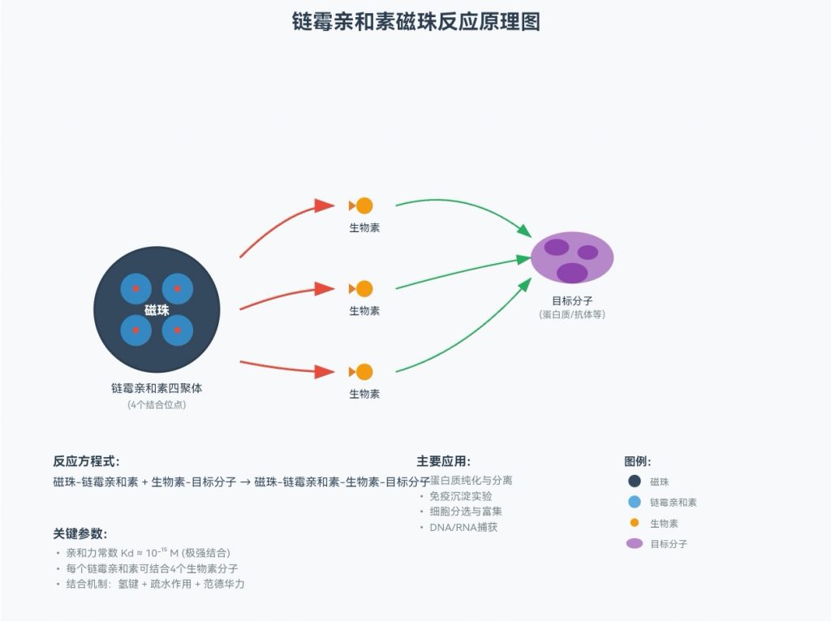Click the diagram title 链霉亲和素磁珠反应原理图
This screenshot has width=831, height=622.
click(415, 22)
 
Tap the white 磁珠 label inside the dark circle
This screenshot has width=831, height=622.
click(157, 309)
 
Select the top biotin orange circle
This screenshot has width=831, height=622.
click(364, 205)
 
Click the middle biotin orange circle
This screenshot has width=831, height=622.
click(364, 288)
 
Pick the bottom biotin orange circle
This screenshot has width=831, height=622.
click(364, 371)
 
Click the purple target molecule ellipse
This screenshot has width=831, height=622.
click(572, 257)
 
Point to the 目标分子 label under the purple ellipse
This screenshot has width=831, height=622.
click(572, 300)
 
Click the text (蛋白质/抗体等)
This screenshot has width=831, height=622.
click(572, 314)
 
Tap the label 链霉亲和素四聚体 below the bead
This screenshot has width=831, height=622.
click(157, 389)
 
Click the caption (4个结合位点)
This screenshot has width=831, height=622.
click(157, 404)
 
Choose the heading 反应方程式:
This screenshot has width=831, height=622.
click(86, 461)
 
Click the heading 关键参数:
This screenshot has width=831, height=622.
click(80, 533)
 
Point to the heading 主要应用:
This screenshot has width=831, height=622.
click(444, 461)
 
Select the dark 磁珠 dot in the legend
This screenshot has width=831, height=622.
click(635, 482)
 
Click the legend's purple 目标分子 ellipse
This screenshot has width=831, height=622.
click(635, 543)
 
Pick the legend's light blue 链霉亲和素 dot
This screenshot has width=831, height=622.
click(635, 502)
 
